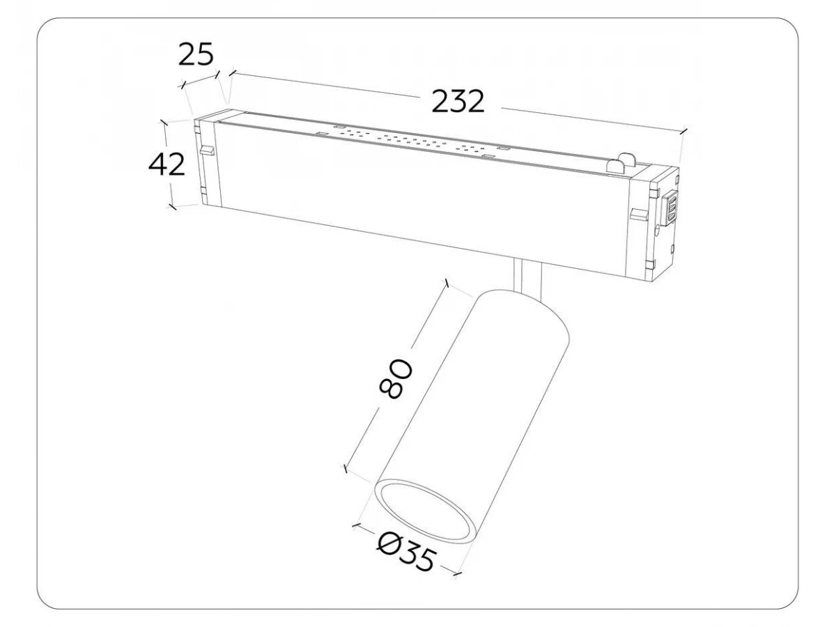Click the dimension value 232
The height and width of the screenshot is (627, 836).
coord(458,102)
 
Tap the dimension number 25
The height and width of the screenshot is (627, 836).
coord(196,54)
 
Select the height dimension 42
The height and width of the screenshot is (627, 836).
coord(167,164)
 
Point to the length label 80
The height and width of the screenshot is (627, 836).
coord(396,378)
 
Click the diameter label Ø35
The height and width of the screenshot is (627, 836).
coord(405,554)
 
